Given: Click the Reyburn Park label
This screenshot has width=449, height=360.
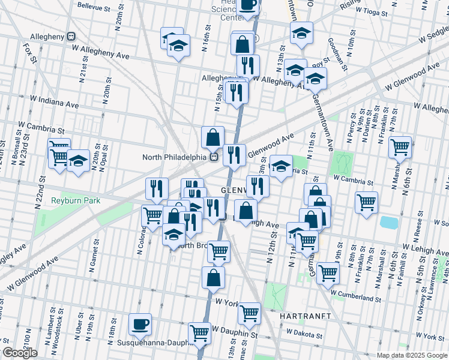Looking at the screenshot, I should click(x=75, y=200).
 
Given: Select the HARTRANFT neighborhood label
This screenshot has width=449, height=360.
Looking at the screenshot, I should click(x=301, y=315).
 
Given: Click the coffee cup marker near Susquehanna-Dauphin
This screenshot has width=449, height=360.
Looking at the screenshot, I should click(x=140, y=325).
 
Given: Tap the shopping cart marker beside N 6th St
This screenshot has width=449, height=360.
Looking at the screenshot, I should click(x=400, y=146).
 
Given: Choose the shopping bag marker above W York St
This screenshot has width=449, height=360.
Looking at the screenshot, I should click(x=214, y=278).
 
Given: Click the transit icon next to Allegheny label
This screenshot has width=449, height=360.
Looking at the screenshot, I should click(x=71, y=37).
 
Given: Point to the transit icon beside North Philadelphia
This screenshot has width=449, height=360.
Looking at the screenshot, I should click(x=213, y=157).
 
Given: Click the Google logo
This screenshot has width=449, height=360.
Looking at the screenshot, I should click(x=20, y=353).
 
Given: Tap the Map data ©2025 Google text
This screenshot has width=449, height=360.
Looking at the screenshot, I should click(x=412, y=355).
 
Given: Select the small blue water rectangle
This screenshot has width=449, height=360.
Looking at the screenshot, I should click(x=389, y=223).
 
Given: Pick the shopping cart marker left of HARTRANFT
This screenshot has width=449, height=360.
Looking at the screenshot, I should click(x=249, y=312).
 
